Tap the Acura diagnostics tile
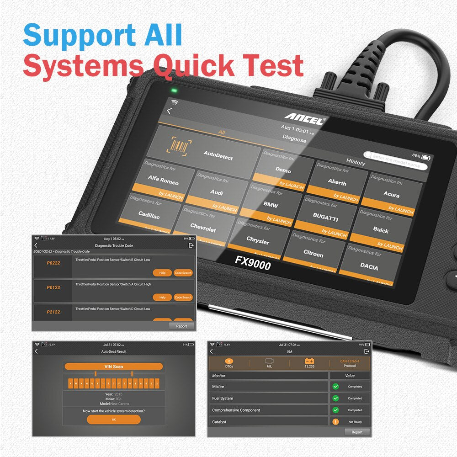point(391,195)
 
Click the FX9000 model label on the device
point(253,262)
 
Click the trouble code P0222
point(53,263)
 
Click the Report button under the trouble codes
point(181,326)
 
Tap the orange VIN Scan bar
point(114,367)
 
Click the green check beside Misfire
point(336,387)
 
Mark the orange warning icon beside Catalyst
point(336,422)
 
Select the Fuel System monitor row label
point(223,399)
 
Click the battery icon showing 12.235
point(309,361)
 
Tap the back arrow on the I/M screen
point(211,351)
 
